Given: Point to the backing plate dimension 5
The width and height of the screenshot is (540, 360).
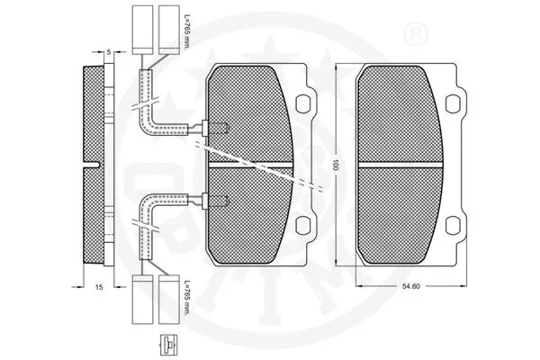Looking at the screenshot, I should (108, 53).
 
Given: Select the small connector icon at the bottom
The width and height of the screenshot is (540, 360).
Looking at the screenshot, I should (167, 344).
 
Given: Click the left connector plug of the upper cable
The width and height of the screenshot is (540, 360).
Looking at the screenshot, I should (143, 27).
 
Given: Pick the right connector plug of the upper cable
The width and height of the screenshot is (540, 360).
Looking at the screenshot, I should (169, 27).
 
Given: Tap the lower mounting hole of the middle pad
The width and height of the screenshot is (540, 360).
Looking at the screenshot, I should (308, 227).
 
